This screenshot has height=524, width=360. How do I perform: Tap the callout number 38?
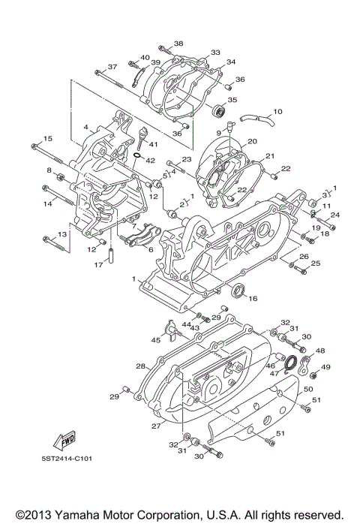pos(178,44)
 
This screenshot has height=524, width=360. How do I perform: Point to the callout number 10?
pos(277,112)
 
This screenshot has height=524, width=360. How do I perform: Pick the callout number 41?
pos(153,144)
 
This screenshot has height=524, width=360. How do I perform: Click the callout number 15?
pos(47,139)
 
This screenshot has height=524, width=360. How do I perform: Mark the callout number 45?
pos(155,340)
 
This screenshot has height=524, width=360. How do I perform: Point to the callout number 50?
pos(307,390)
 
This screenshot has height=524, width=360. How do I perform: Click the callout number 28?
pos(140,366)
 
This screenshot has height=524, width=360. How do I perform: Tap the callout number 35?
pos(232,99)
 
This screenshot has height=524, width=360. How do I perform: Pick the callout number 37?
pos(112,67)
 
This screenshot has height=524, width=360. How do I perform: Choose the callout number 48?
pos(320,351)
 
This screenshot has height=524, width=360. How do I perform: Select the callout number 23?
pos(187,160)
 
